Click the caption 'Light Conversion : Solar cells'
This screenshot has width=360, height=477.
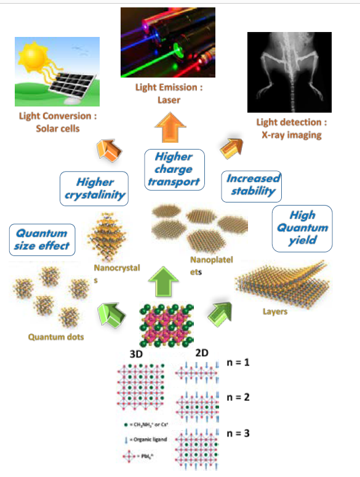coord(58,122)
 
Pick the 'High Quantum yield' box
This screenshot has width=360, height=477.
coord(302,227)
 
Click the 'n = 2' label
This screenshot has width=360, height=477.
coord(238,397)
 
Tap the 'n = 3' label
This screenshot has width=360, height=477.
coord(238,433)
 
